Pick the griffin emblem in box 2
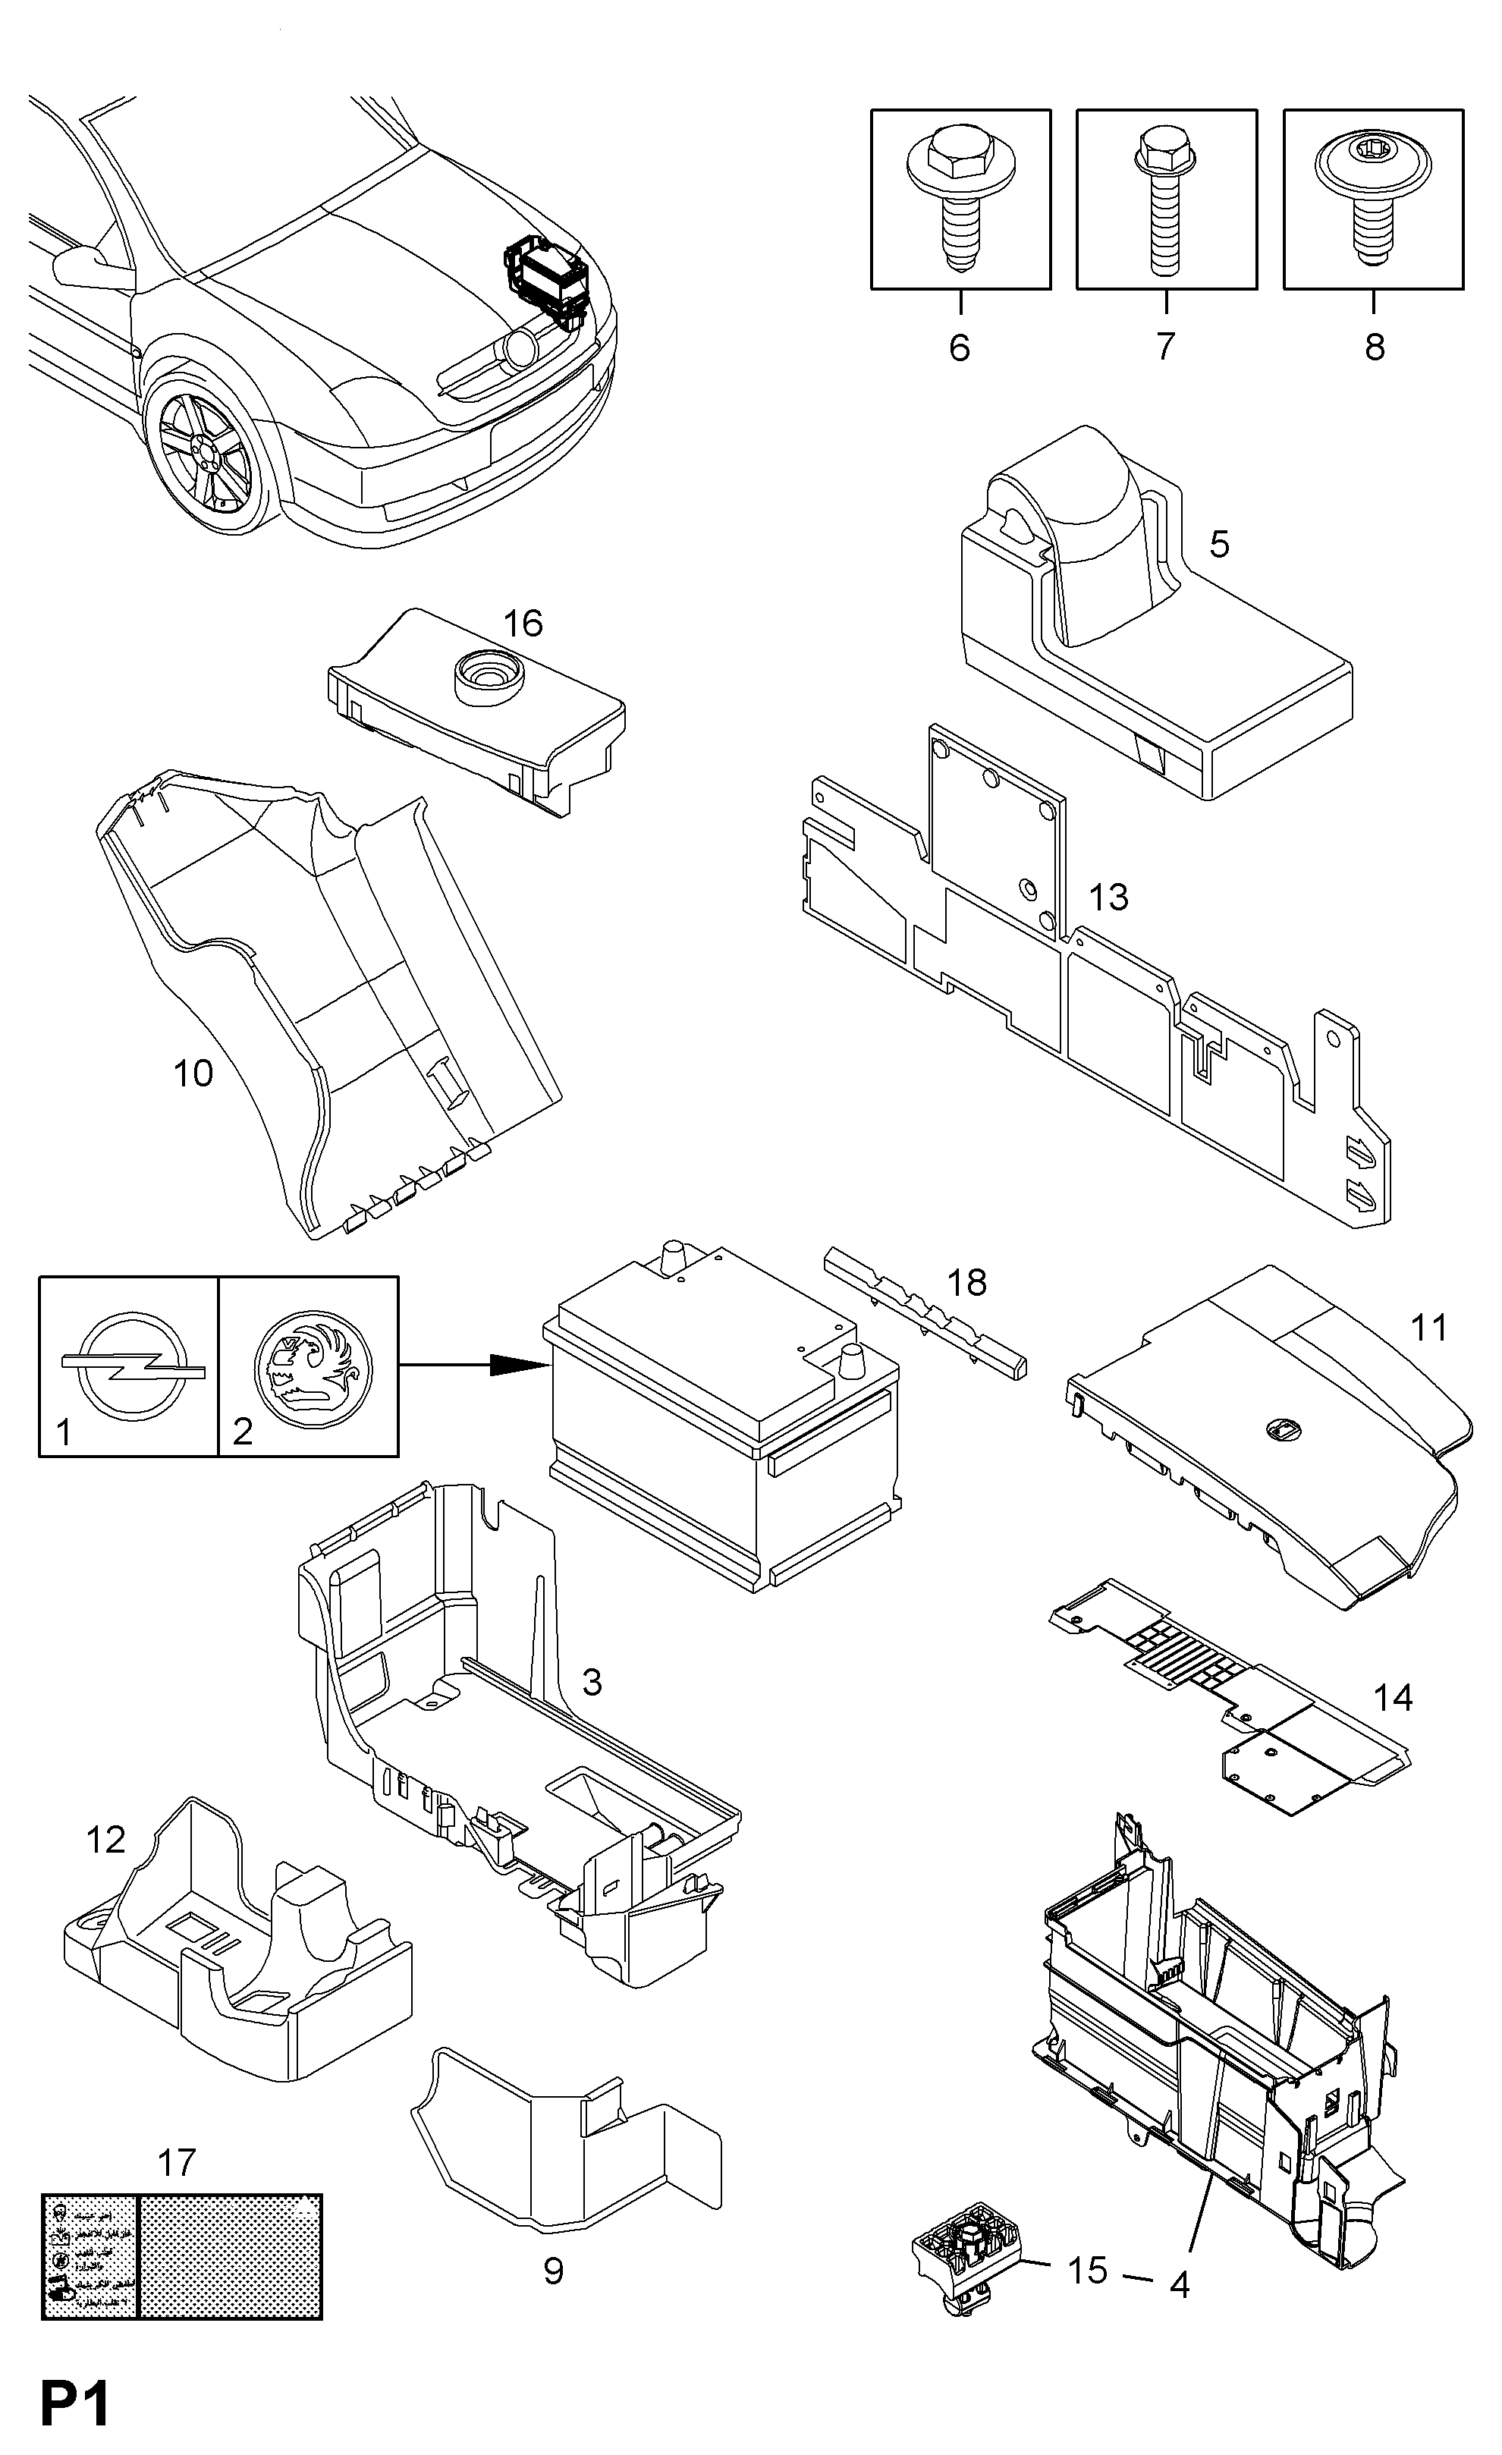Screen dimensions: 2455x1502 [312, 1364]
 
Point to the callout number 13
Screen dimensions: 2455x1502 [1108, 897]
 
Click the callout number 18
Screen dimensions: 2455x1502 [966, 1282]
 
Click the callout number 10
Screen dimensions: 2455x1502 [193, 1073]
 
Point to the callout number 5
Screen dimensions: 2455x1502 [1219, 544]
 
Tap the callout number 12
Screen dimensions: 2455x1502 [105, 1839]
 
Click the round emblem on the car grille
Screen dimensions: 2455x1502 [520, 347]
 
